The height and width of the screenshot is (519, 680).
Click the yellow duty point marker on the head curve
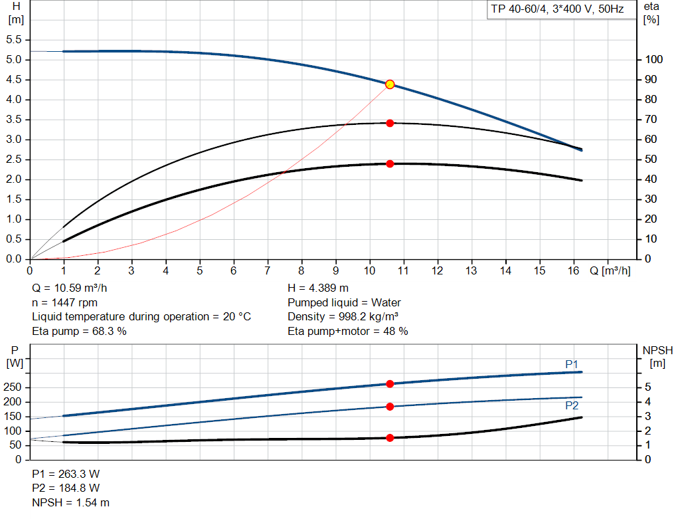390,84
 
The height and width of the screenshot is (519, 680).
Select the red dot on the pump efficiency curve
390,123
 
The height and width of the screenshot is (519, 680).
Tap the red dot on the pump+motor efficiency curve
390,163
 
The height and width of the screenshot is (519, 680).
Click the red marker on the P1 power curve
390,384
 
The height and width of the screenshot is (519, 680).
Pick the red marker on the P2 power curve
390,407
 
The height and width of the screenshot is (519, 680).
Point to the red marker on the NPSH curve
390,438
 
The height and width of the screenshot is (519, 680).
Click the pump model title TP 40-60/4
555,10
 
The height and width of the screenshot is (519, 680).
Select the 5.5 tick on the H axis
15,40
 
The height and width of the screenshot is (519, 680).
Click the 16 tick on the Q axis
574,270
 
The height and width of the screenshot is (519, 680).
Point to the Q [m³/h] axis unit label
609,270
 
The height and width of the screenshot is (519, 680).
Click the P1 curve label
572,363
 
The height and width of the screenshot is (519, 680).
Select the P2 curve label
572,405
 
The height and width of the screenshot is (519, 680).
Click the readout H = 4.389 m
318,288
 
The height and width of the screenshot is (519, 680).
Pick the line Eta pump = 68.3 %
79,331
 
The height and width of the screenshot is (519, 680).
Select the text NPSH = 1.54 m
71,502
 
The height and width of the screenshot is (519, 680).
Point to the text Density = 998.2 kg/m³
343,317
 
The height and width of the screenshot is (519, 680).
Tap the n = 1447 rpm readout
64,302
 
